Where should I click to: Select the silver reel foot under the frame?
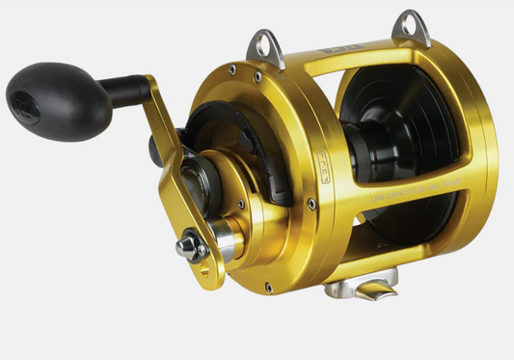point(362,287)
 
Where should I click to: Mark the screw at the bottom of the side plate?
point(268,287)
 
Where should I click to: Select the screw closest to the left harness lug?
point(231,69)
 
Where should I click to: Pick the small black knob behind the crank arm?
point(156,149)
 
